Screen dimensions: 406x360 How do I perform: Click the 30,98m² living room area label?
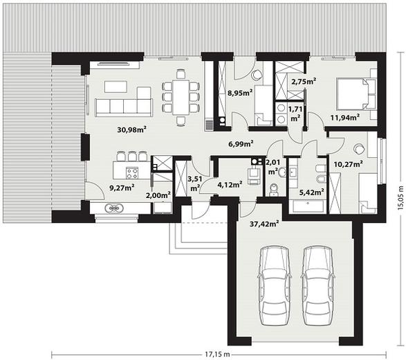coord(132,129)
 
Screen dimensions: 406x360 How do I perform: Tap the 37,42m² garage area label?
coord(264,224)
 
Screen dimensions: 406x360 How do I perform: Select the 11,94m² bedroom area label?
coord(345,118)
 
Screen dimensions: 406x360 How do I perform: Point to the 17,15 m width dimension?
coord(217,354)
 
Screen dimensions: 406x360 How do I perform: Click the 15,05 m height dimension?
coord(401,197)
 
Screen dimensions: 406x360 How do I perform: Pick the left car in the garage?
coord(275,286)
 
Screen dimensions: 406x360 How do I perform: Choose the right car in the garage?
coord(318,286)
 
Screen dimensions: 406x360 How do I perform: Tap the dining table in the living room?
coord(181,98)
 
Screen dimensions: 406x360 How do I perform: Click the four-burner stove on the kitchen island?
coord(132,173)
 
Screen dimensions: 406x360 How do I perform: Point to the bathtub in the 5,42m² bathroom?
coord(308,206)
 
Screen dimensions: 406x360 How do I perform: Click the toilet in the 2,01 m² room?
coord(273,190)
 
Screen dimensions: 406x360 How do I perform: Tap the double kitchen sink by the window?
coord(114,208)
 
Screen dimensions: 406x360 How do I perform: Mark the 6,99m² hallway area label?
coord(241,143)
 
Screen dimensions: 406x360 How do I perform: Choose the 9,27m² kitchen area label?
coord(122,188)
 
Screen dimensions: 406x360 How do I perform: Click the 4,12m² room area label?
coord(230,185)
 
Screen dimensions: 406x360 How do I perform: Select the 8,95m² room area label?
coord(240,93)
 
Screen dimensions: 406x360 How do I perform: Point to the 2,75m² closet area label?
coord(304,82)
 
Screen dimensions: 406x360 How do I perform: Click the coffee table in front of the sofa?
coord(116,87)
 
